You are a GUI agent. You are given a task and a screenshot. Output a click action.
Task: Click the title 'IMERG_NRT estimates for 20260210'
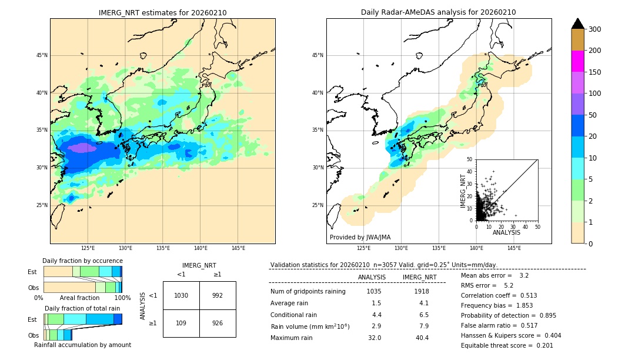(162, 13)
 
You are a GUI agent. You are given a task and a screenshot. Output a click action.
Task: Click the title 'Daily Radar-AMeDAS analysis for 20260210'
(438, 13)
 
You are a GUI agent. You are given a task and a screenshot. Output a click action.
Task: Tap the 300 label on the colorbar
(595, 29)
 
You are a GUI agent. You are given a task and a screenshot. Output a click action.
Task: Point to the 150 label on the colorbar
(595, 72)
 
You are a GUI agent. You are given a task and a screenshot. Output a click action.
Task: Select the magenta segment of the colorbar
(577, 61)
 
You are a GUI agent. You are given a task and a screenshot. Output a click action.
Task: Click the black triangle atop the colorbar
(577, 24)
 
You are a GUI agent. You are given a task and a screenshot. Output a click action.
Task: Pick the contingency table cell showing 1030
(181, 295)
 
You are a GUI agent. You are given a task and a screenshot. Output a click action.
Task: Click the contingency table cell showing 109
(181, 324)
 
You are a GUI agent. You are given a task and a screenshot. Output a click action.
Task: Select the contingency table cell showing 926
(218, 324)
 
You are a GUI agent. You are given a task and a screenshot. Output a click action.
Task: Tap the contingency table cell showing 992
(218, 295)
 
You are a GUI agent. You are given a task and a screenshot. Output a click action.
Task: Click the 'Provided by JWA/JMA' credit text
(360, 238)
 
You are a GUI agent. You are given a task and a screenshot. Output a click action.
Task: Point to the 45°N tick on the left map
(42, 55)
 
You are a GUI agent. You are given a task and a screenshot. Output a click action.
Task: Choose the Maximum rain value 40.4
(422, 338)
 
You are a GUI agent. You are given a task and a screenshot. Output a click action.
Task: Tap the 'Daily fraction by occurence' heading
(82, 261)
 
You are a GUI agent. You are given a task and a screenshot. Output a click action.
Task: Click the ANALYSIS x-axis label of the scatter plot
(506, 232)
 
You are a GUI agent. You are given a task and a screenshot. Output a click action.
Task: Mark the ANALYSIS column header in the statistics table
(372, 277)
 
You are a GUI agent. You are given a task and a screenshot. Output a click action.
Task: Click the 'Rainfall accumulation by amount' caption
(82, 345)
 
